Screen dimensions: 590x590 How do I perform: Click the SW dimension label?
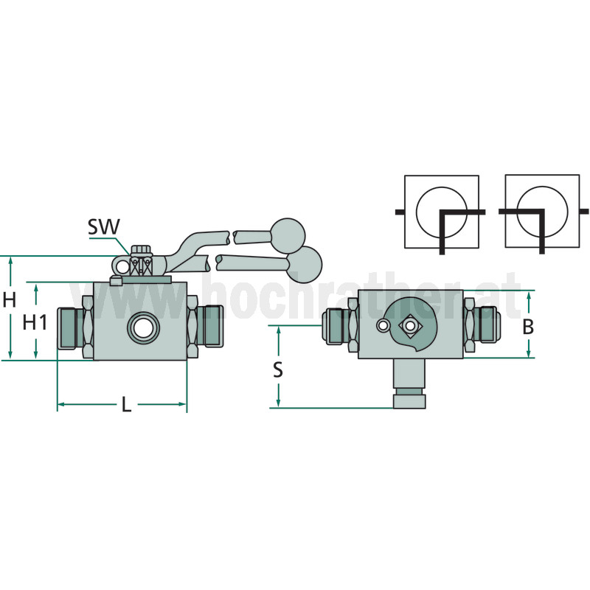[x=103, y=226]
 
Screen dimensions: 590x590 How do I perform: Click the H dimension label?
[x=10, y=300]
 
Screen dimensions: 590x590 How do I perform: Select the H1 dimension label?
[x=35, y=322]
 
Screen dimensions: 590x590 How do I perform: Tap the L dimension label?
[x=126, y=405]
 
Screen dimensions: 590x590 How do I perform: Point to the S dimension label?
[x=278, y=369]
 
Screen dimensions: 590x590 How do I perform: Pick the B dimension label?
[x=528, y=327]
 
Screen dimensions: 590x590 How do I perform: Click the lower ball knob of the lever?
[x=305, y=263]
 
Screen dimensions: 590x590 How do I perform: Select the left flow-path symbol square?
[x=442, y=212]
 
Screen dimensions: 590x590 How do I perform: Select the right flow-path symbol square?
[x=542, y=211]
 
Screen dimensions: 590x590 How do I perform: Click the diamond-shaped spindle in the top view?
[x=410, y=325]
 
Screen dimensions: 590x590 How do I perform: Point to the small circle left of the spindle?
[x=382, y=325]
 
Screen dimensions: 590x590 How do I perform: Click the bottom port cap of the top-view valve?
[x=409, y=401]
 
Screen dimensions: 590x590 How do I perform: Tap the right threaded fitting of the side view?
[x=209, y=326]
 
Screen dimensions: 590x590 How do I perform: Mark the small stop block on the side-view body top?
[x=115, y=280]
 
